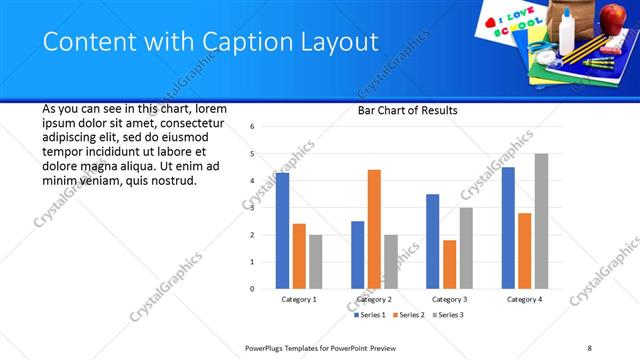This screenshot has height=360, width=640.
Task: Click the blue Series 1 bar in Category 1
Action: [x=282, y=231]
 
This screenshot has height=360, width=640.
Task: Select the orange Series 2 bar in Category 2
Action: [x=374, y=229]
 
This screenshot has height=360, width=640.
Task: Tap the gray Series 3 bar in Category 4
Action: [x=541, y=221]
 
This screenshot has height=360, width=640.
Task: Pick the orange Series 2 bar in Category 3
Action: [x=450, y=264]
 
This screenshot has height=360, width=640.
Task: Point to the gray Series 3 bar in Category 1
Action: [x=315, y=262]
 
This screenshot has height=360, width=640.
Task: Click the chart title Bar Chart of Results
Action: [x=407, y=110]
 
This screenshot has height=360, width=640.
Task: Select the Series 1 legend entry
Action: [x=370, y=315]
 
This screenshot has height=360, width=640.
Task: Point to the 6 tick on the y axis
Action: [x=253, y=127]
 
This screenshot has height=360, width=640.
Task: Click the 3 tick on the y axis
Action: [x=253, y=208]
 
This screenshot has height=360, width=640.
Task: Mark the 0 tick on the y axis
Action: [x=253, y=289]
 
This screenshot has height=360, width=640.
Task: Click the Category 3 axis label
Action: [x=448, y=299]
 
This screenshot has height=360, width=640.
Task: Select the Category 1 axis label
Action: [x=298, y=299]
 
